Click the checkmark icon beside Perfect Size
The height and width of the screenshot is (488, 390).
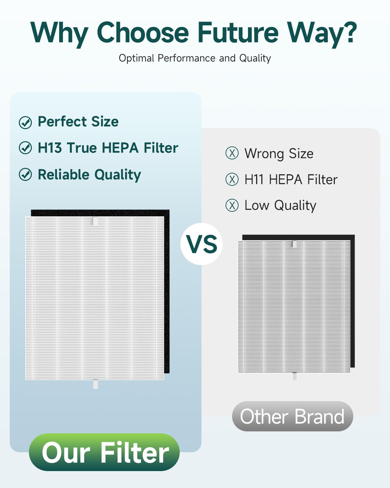point(25,123)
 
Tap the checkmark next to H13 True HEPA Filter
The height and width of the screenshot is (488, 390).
point(25,148)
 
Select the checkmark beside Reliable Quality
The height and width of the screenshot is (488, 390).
point(25,175)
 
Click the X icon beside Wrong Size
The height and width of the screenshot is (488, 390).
point(232,153)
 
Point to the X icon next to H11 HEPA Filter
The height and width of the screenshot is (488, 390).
point(232,179)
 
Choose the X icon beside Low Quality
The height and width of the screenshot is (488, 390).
point(232,205)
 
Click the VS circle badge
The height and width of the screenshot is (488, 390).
point(201,244)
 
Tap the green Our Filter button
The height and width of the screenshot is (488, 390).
point(104,452)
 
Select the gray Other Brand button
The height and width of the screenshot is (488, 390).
point(292,416)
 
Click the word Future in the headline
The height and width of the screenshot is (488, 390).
point(238,33)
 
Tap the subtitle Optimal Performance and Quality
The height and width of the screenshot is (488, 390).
point(195,58)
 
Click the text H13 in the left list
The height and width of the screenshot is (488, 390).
point(50,148)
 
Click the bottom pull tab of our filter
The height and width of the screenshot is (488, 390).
point(96,384)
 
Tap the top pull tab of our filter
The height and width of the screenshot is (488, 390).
point(95,221)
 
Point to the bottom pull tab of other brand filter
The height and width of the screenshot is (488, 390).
point(294,376)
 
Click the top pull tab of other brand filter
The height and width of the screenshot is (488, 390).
point(294,244)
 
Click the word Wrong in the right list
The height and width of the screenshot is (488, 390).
point(264,154)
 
